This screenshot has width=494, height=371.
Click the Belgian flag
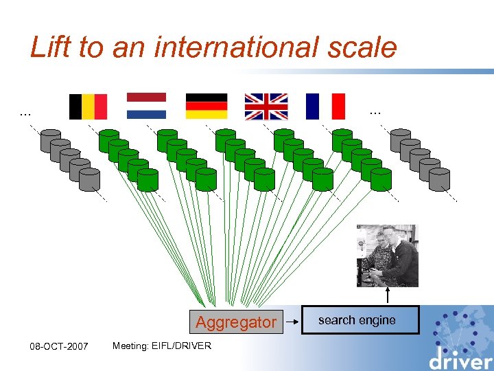click(88, 106)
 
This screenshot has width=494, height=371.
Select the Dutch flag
click(146, 106)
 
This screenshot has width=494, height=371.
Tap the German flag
click(206, 106)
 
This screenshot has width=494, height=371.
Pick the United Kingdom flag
click(266, 106)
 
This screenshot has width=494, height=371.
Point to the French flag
click(325, 106)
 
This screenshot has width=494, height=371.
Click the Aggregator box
click(236, 322)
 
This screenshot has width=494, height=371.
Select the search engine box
click(360, 320)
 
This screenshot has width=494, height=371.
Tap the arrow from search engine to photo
click(388, 296)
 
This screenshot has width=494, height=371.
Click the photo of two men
click(387, 255)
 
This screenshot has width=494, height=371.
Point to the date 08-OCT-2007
click(58, 346)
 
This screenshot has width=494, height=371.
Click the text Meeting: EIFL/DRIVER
click(162, 346)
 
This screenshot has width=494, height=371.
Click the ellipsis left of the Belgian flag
click(25, 111)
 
